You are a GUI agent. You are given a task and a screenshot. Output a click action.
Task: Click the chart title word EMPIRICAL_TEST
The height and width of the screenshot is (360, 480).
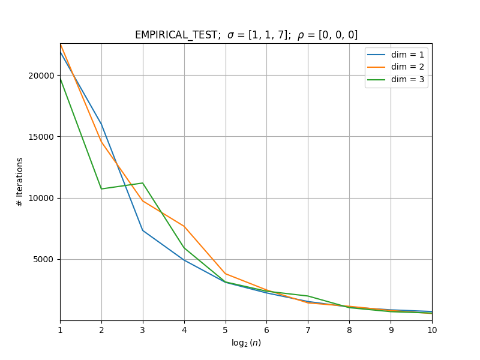(176, 35)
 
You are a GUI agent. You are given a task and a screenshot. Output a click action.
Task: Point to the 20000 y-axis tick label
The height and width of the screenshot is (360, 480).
(41, 76)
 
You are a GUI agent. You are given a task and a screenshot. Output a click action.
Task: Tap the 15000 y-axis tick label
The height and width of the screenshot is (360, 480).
(41, 137)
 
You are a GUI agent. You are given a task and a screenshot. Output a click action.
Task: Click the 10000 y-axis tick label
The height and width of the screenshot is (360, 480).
(41, 198)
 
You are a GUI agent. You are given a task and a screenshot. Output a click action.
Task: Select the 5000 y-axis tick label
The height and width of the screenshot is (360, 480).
(43, 260)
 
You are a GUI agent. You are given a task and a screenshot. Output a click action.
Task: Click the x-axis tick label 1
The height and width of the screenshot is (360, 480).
(61, 330)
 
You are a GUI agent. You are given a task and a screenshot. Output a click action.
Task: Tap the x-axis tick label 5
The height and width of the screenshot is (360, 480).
(226, 330)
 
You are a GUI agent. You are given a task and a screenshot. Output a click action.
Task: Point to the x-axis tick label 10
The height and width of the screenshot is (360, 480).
(432, 330)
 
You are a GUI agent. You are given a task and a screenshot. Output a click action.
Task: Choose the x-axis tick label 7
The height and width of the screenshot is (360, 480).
(308, 330)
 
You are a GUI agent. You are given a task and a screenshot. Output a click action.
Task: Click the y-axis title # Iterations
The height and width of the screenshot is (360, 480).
(20, 182)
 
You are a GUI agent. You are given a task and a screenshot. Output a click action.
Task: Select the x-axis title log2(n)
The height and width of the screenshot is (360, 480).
(246, 343)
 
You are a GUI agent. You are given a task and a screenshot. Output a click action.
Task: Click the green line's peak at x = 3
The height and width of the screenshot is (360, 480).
(143, 183)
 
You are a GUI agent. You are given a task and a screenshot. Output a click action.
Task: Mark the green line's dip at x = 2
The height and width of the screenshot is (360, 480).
(101, 189)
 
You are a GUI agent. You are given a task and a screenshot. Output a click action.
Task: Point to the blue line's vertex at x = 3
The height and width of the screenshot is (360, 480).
(143, 230)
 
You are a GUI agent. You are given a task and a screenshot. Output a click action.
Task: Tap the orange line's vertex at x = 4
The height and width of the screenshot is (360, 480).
(184, 227)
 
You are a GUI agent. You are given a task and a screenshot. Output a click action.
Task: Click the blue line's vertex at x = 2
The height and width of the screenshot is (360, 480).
(101, 124)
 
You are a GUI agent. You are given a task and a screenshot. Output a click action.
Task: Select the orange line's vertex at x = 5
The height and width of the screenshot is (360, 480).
(226, 274)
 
